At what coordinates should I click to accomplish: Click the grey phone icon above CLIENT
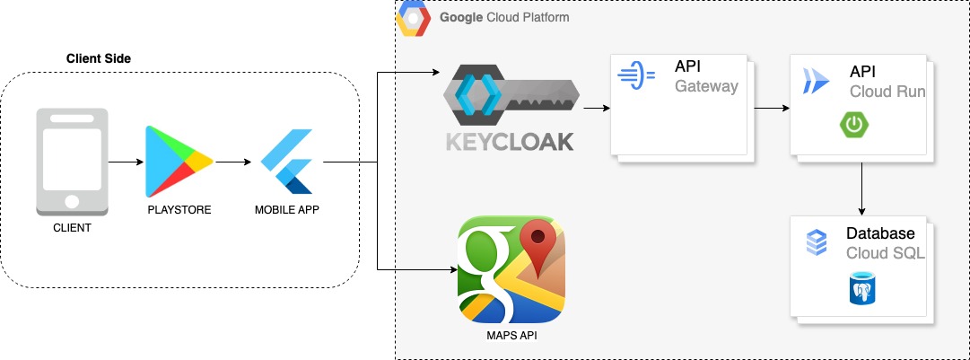(72, 162)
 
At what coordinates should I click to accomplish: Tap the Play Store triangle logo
(179, 162)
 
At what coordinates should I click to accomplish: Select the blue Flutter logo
(287, 162)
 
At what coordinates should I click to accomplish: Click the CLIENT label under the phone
(72, 228)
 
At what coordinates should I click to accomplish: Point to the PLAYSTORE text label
(179, 210)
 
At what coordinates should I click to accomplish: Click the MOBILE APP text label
(287, 210)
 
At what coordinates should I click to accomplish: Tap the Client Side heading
(99, 58)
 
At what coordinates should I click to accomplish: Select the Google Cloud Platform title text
(503, 17)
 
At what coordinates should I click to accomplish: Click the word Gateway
(706, 87)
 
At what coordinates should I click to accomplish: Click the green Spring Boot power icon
(854, 124)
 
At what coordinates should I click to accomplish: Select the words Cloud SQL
(885, 253)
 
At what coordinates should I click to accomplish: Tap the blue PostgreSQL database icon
(862, 290)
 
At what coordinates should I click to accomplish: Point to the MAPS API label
(510, 337)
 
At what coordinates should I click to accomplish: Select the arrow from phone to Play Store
(126, 162)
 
